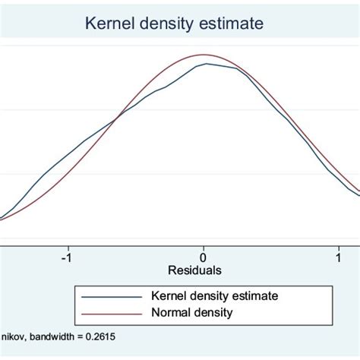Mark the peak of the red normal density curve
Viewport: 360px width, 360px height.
tap(204, 55)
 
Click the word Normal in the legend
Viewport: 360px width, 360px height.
tap(172, 313)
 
